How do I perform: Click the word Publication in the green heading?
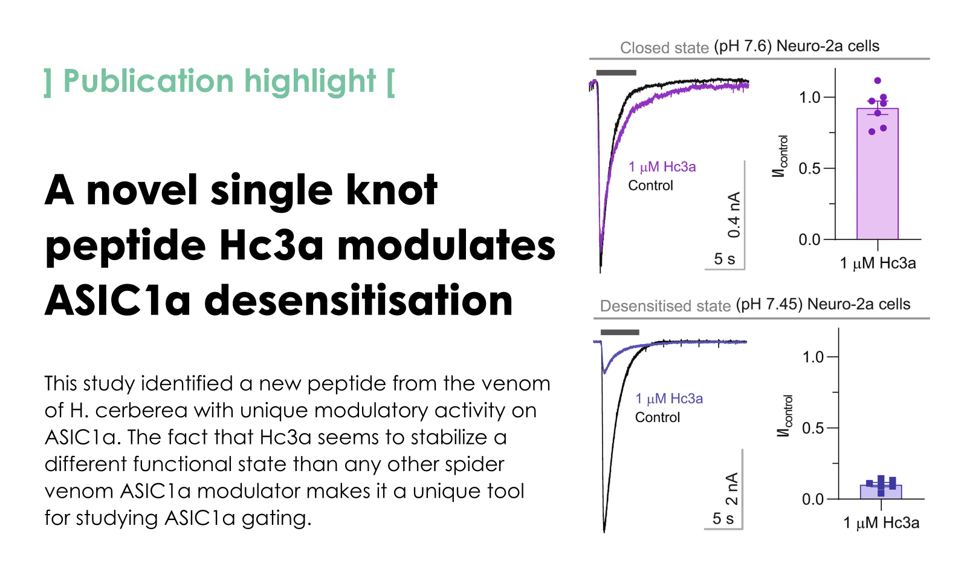(x=149, y=81)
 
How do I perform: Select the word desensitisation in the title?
(x=358, y=299)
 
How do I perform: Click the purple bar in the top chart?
(x=877, y=174)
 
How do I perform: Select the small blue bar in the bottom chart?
(x=881, y=492)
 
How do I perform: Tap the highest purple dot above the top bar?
(x=878, y=81)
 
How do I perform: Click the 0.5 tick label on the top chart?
(x=809, y=169)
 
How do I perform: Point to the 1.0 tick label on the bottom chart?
(x=813, y=357)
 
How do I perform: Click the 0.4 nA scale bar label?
(x=734, y=215)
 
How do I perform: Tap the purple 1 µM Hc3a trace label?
(x=662, y=167)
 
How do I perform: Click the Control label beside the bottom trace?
(x=658, y=417)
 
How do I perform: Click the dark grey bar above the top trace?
(x=616, y=73)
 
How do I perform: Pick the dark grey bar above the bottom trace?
(x=620, y=332)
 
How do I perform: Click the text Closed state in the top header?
(x=664, y=48)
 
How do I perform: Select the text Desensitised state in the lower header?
(x=665, y=306)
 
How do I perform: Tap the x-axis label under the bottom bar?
(x=881, y=523)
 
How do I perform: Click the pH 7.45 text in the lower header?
(x=769, y=305)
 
